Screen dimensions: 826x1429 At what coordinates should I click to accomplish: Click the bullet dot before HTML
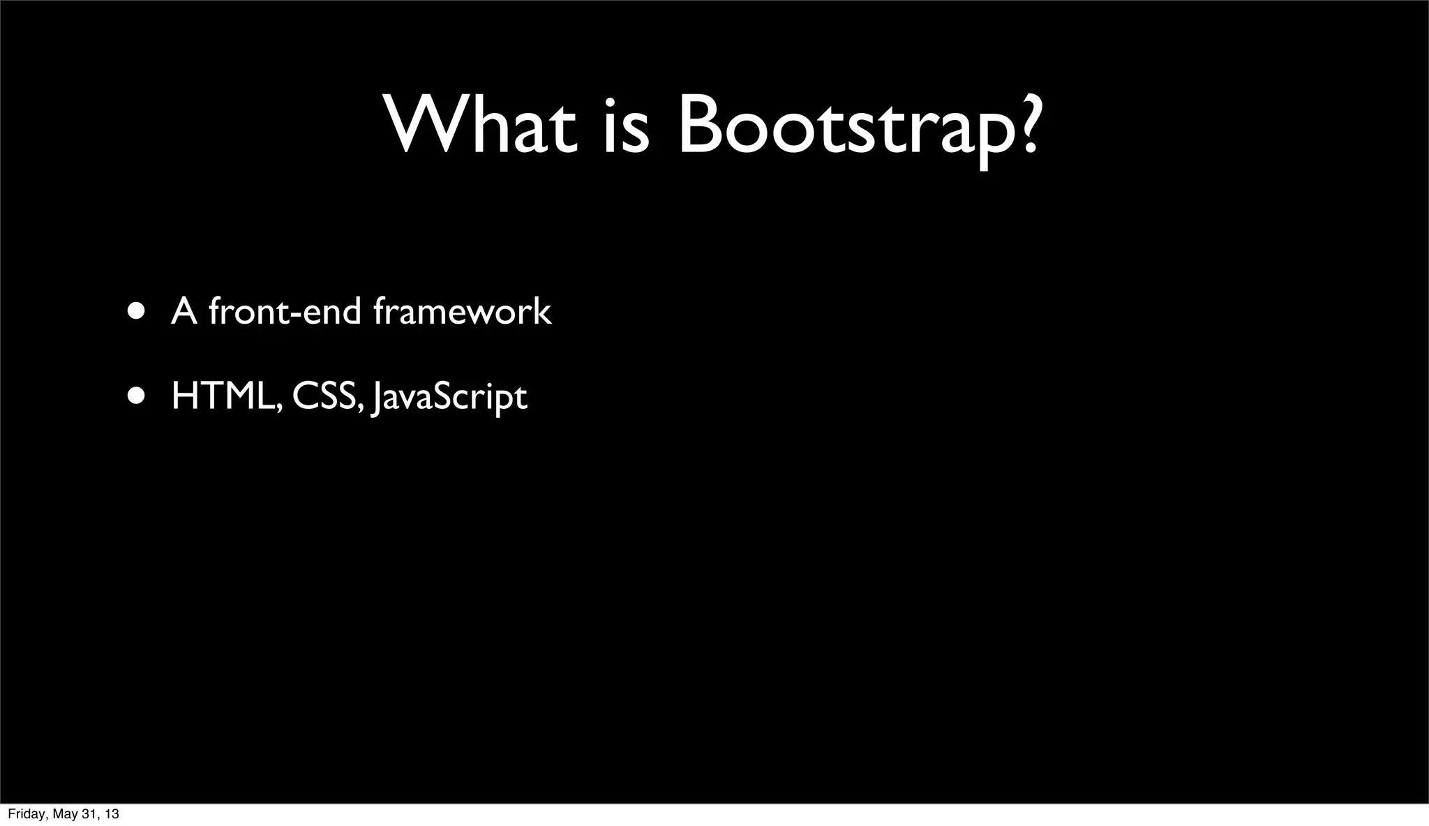tap(137, 396)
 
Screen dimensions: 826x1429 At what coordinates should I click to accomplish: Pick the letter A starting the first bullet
tap(184, 311)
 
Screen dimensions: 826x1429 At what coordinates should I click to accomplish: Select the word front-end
tap(285, 311)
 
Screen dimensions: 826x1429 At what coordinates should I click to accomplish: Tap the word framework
tap(462, 311)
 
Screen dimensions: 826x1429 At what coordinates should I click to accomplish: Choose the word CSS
tap(325, 396)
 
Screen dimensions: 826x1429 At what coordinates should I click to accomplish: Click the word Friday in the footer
tap(24, 814)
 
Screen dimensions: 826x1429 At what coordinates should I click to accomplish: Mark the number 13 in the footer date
tap(111, 814)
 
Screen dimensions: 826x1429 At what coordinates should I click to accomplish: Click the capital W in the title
tap(419, 126)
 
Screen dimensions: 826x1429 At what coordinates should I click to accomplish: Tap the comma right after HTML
tap(279, 409)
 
